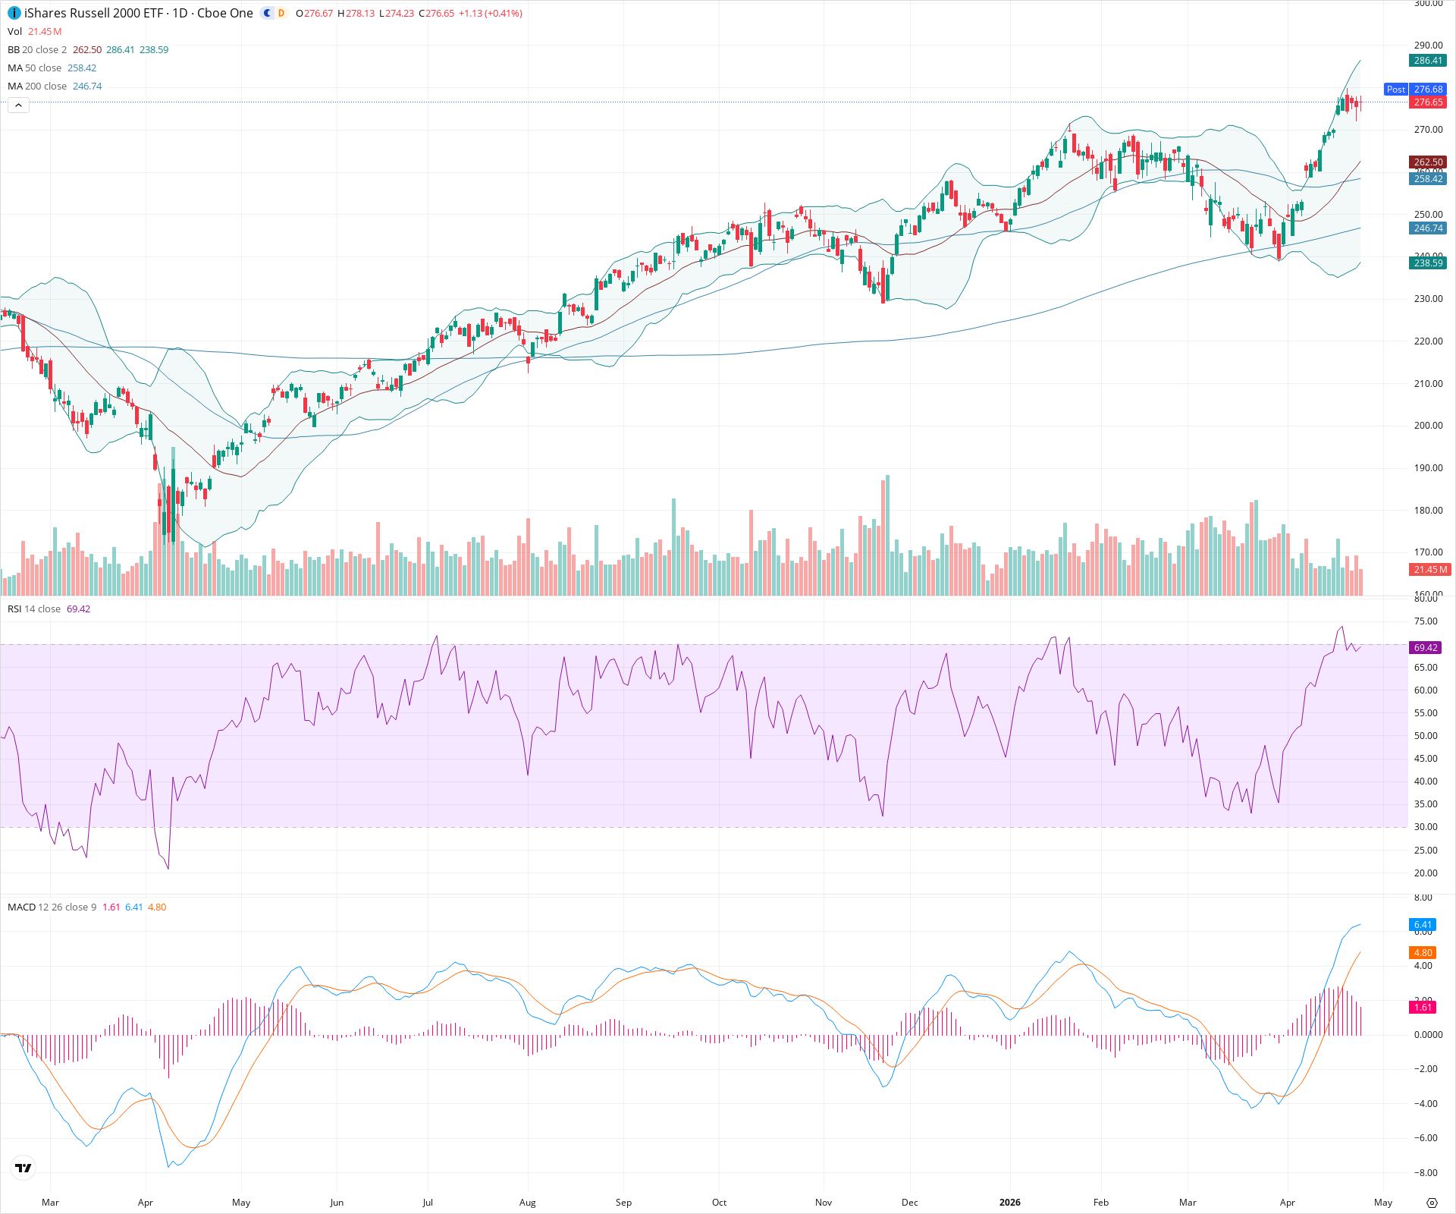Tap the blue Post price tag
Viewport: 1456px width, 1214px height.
pos(1395,90)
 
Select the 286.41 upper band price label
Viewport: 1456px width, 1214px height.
pos(1427,61)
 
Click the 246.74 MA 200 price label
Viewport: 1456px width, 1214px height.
pos(1427,228)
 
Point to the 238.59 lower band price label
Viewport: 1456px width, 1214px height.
pos(1427,263)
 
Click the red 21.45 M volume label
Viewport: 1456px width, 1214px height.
pos(1430,569)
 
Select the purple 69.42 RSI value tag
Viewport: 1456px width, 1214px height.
pos(1426,648)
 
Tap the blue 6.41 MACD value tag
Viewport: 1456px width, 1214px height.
pos(1423,925)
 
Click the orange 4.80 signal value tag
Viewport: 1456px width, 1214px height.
pos(1423,953)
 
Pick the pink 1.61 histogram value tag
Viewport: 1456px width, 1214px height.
pos(1423,1008)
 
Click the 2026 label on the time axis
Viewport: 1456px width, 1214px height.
pos(1009,1203)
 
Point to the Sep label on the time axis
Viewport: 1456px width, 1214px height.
pos(623,1203)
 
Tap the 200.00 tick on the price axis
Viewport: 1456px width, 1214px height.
pos(1428,426)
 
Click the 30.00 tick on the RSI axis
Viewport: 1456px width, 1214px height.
pos(1426,827)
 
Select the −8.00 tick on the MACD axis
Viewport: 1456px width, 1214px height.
pos(1425,1172)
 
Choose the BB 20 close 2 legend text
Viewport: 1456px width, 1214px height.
pos(37,50)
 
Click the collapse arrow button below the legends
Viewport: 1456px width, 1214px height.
pos(18,105)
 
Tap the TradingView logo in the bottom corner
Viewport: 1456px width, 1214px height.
pos(24,1168)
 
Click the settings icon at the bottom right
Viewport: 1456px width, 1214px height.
pos(1432,1203)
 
